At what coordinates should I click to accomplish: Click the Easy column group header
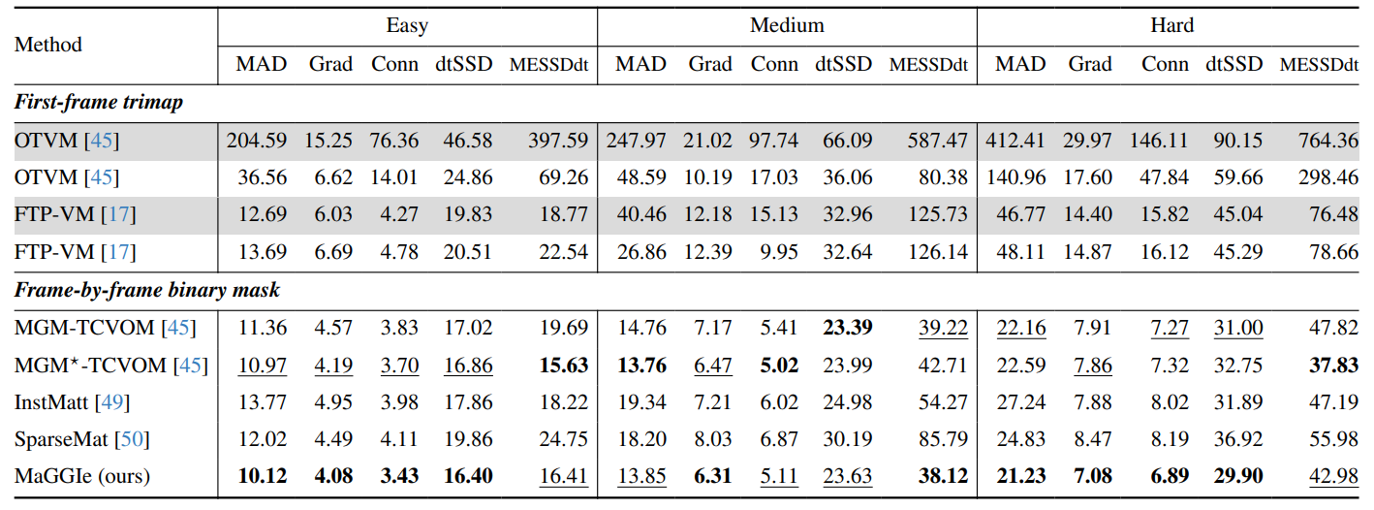407,25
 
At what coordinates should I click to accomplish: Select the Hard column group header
1172,25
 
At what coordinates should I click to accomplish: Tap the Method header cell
48,45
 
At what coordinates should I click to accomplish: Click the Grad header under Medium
710,65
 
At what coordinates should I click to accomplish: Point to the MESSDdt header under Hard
1319,65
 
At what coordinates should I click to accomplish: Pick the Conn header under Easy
394,65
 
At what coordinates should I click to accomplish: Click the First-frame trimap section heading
99,102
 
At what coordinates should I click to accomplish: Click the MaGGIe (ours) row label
82,476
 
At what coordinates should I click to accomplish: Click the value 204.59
257,141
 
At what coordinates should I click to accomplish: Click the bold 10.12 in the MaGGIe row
262,476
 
